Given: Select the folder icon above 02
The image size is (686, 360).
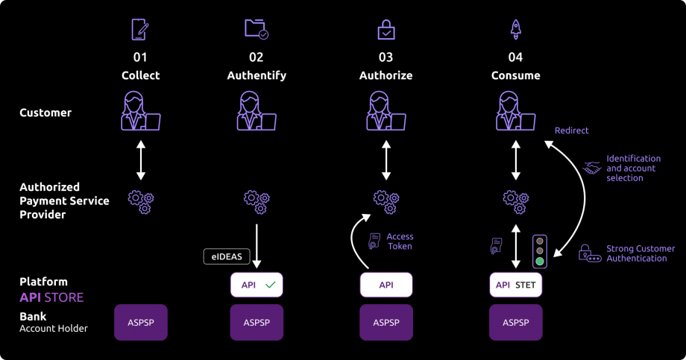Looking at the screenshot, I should click(x=256, y=29).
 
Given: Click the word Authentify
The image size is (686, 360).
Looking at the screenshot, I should click(x=257, y=75).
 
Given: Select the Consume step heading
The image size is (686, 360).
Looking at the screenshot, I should click(x=515, y=75).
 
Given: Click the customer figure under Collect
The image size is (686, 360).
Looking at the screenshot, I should click(x=140, y=112).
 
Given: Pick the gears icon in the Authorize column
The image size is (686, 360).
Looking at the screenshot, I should click(x=386, y=199).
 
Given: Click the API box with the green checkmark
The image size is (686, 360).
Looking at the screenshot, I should click(x=257, y=285).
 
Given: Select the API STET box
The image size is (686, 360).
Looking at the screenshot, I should click(x=515, y=285).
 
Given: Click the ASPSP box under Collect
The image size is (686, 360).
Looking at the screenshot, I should click(x=141, y=322).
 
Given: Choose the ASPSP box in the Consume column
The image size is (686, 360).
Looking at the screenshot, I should click(x=515, y=322).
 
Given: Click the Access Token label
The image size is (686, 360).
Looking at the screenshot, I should click(x=400, y=241).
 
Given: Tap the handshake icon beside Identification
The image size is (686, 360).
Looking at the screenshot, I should click(x=592, y=168).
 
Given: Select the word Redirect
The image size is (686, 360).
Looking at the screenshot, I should click(x=571, y=130).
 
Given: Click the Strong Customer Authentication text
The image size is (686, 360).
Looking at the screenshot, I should click(x=640, y=253).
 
